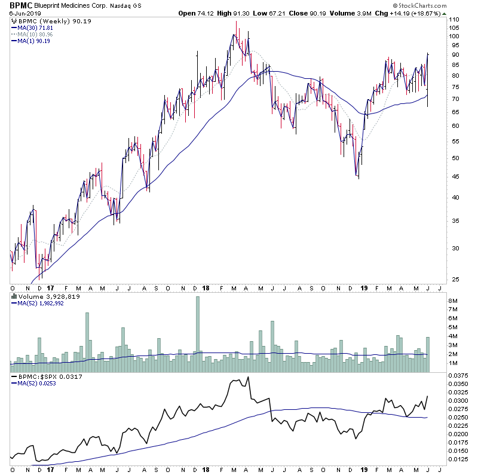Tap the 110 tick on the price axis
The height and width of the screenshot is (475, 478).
coord(454,20)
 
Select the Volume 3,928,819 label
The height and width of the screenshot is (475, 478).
coord(44,295)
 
